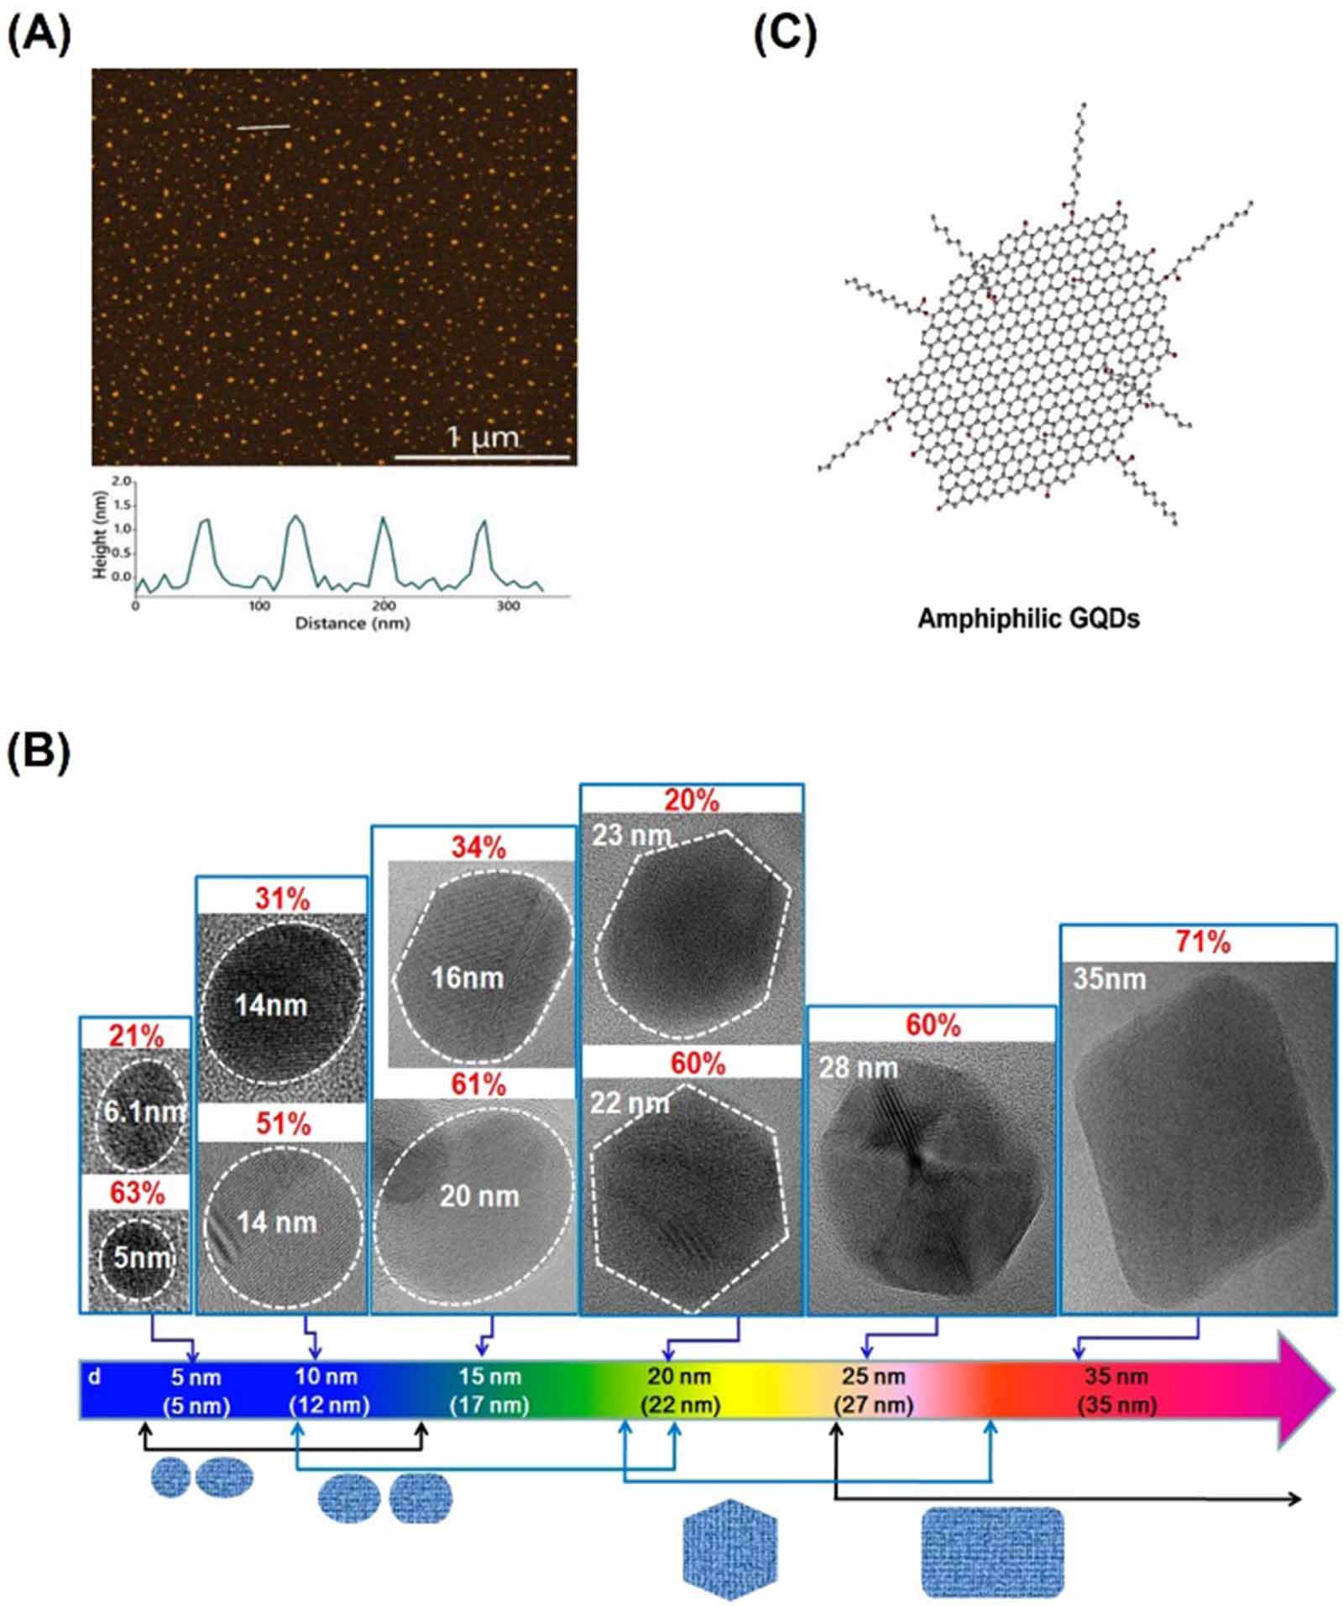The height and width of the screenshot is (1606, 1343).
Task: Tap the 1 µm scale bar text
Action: tap(482, 437)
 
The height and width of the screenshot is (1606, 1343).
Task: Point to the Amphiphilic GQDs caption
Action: tap(1027, 619)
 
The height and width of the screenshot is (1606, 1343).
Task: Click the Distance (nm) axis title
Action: tap(352, 623)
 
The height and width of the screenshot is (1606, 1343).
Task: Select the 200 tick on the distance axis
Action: tap(384, 605)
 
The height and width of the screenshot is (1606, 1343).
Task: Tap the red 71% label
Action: tap(1202, 942)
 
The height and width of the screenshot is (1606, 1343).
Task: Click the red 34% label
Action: tap(478, 848)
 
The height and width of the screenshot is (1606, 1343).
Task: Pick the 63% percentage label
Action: tap(138, 1192)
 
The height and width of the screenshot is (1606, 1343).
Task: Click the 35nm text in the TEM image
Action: tap(1109, 979)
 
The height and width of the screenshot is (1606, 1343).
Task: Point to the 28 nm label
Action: tap(858, 1068)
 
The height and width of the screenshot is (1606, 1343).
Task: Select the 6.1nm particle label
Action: tap(144, 1112)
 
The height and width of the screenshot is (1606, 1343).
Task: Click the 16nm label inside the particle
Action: tap(467, 978)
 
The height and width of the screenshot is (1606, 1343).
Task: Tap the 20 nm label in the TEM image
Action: tap(479, 1196)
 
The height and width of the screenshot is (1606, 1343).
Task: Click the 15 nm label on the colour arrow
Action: tap(490, 1377)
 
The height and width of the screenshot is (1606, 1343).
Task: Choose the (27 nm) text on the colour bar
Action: tap(873, 1405)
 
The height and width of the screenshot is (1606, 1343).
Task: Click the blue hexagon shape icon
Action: tap(730, 1549)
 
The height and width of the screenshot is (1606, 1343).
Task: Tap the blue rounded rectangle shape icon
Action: tap(992, 1551)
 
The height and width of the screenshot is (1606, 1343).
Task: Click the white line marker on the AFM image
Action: tap(263, 128)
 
